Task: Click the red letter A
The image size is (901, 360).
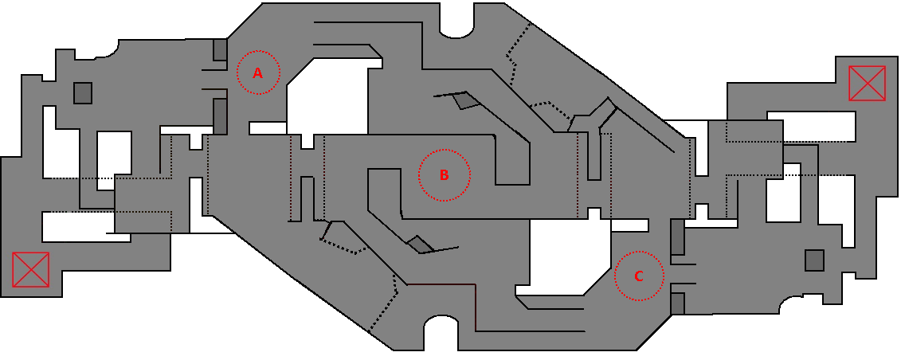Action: pos(258,73)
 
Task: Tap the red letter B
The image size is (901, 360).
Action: pos(444,175)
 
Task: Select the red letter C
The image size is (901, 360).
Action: pos(638,276)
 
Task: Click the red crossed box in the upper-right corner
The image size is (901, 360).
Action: pos(867,84)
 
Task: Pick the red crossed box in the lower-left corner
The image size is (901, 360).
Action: pos(30,269)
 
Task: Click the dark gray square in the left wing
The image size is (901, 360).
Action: pos(83,93)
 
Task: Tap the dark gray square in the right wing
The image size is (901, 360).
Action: pos(814,260)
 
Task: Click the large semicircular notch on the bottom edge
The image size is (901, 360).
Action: pos(441,333)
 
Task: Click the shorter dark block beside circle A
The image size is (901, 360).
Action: pos(220,49)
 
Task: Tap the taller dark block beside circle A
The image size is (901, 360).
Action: pos(220,116)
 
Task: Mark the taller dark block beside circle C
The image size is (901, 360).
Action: pos(677,237)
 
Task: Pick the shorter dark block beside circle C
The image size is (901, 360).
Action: pos(677,303)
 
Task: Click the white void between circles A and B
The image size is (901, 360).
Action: pos(327,96)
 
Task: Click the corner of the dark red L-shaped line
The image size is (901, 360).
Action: pos(476,284)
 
